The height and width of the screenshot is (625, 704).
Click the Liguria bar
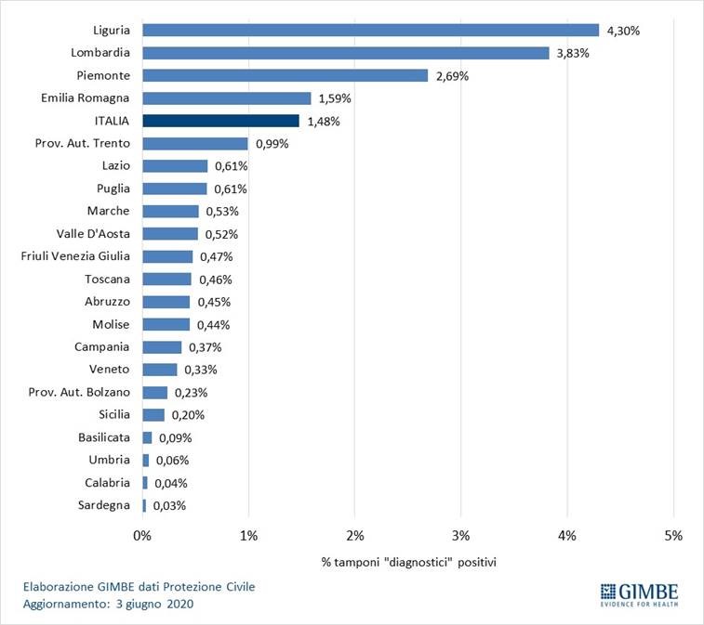coord(370,30)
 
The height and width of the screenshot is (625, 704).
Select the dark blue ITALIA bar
coord(220,121)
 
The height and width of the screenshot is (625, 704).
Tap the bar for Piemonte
coord(285,75)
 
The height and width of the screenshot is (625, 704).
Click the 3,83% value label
coord(574,53)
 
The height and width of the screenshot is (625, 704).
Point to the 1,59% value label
coord(336,98)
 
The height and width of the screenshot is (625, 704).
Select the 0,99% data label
coord(272,144)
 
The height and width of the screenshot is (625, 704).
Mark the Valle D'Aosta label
coord(95,234)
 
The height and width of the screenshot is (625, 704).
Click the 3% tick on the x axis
coord(461,536)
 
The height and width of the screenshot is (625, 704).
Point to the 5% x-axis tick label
coord(673,536)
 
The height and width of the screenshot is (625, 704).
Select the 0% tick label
coord(142,536)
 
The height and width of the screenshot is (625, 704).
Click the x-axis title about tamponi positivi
coord(408,564)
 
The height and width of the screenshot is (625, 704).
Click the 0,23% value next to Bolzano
coord(191,393)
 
